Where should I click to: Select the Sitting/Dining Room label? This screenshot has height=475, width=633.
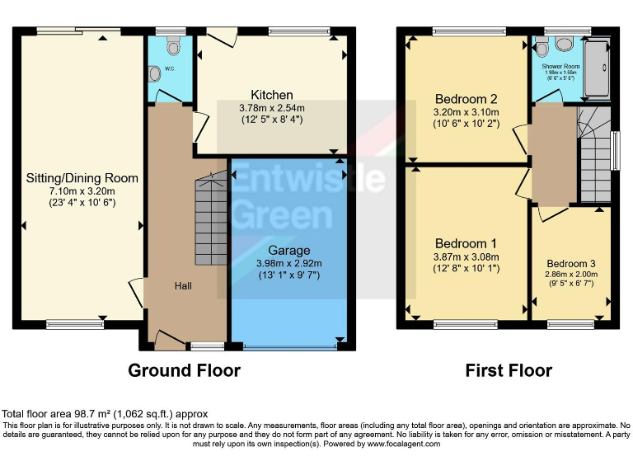point(82,178)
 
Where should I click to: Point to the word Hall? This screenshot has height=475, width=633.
point(183,285)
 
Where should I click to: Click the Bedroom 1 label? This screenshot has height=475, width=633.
point(466,243)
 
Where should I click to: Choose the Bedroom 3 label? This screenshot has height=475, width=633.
point(570,264)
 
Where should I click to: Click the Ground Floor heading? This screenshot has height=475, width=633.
point(184,370)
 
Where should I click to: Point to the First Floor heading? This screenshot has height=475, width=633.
point(509,370)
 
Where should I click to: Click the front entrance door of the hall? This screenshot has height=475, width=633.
point(169,339)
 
